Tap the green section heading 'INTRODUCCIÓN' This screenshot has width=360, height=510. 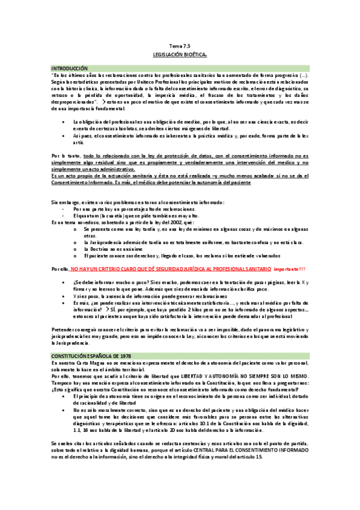[69, 69]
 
